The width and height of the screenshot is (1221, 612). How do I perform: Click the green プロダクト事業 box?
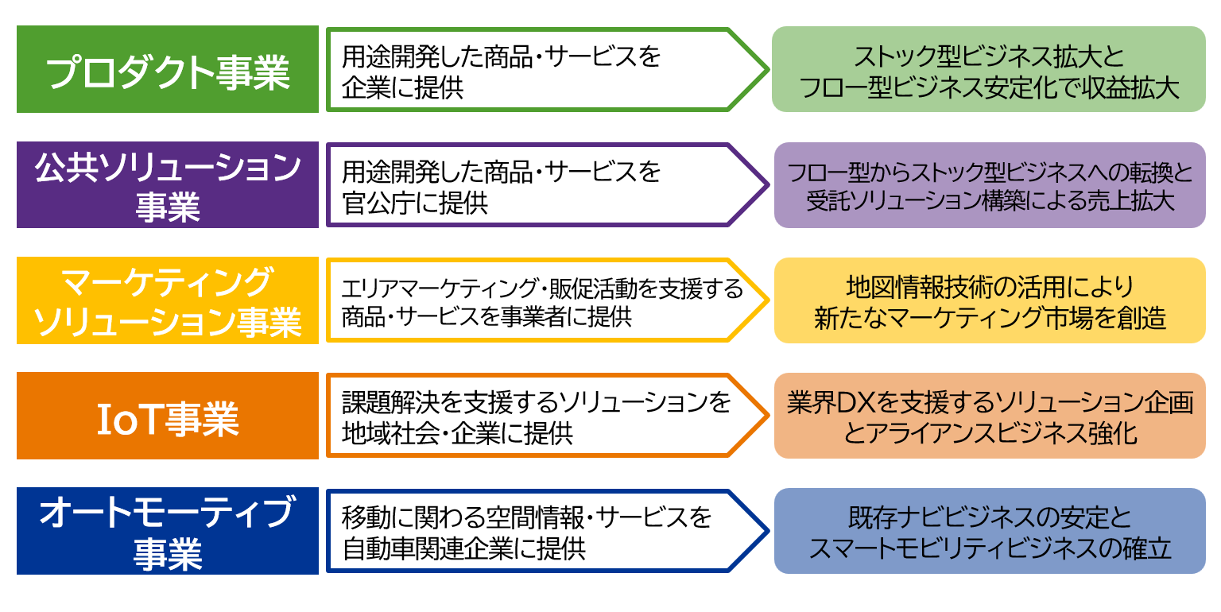point(168,69)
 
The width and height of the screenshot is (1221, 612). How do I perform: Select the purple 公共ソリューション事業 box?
point(168,184)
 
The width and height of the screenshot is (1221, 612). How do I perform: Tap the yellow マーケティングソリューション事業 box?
point(168,300)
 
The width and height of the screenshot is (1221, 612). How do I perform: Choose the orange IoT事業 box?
point(168,416)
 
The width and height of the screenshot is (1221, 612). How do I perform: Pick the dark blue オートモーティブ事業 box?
point(168,531)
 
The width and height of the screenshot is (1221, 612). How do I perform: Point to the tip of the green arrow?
point(769,69)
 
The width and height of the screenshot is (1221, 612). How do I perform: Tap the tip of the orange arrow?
point(769,416)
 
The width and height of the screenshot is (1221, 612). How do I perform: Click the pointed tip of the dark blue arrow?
point(769,531)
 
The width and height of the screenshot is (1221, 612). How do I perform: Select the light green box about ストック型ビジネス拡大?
point(989,69)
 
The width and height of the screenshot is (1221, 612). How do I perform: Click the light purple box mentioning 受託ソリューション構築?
point(990,184)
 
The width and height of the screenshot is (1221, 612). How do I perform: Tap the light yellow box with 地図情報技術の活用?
point(990,300)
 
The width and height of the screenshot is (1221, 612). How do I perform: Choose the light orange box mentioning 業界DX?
point(990,416)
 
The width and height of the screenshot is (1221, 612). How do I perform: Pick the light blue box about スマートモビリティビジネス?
point(990,531)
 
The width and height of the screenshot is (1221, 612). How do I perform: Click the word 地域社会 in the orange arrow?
point(390,434)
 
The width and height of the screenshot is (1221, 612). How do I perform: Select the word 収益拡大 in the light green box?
point(1131,87)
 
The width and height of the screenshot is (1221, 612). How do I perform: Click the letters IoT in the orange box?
point(130,419)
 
